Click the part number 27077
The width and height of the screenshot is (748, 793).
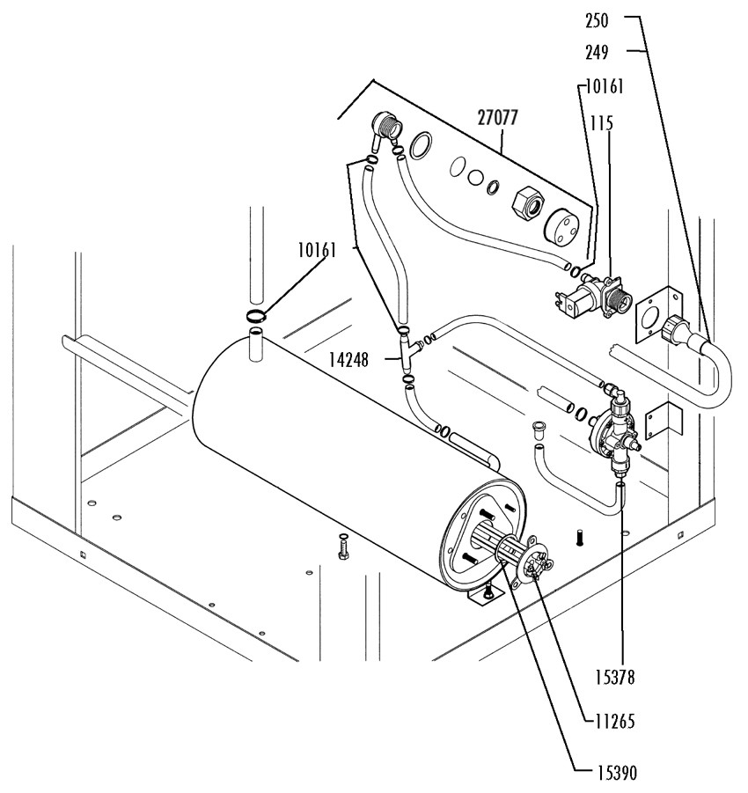pyautogui.click(x=498, y=118)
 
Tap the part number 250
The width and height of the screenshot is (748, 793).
pyautogui.click(x=597, y=21)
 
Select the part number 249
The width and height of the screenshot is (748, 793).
pyautogui.click(x=597, y=53)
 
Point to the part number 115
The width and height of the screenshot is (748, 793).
pyautogui.click(x=602, y=123)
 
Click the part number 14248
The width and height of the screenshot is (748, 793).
pyautogui.click(x=349, y=360)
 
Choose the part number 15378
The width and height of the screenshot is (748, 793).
pyautogui.click(x=614, y=677)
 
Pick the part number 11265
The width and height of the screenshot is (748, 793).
pyautogui.click(x=614, y=721)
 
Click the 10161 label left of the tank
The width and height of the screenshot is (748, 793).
pyautogui.click(x=317, y=250)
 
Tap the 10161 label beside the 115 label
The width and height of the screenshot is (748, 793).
pyautogui.click(x=605, y=86)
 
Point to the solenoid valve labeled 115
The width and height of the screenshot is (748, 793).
pyautogui.click(x=594, y=297)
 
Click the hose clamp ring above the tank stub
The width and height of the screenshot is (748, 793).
pyautogui.click(x=256, y=316)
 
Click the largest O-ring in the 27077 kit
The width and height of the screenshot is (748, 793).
pyautogui.click(x=421, y=145)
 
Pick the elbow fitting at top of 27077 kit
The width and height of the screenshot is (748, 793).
pyautogui.click(x=385, y=128)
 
